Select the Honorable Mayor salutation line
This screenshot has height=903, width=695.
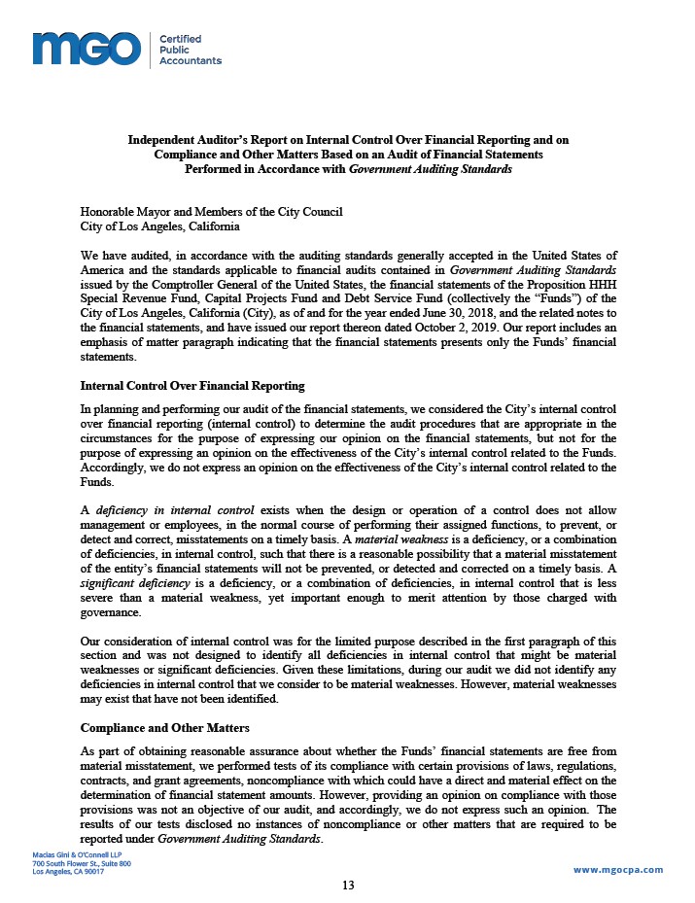point(211,212)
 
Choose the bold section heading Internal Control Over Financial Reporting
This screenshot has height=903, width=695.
point(192,386)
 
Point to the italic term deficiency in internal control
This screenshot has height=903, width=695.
point(174,510)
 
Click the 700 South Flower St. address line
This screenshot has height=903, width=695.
point(82,863)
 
